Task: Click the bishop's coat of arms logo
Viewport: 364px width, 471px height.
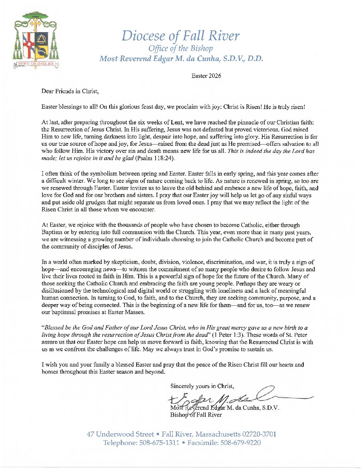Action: tap(35, 40)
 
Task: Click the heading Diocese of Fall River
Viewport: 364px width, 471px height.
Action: tap(181, 36)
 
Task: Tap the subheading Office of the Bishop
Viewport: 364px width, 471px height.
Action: tap(181, 49)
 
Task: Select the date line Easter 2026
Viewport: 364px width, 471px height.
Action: tap(206, 76)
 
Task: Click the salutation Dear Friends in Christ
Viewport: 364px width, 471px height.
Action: tap(70, 91)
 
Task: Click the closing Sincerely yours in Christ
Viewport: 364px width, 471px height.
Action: tap(202, 386)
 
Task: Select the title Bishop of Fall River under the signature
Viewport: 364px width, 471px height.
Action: tap(196, 415)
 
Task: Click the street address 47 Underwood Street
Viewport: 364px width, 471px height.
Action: tap(120, 434)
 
